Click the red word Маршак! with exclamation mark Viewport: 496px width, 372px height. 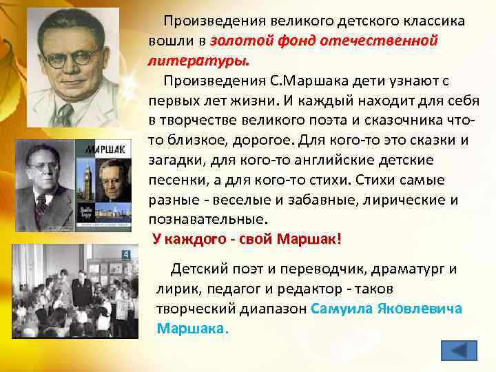pyautogui.click(x=308, y=240)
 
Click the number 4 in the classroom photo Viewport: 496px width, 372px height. pyautogui.click(x=125, y=254)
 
